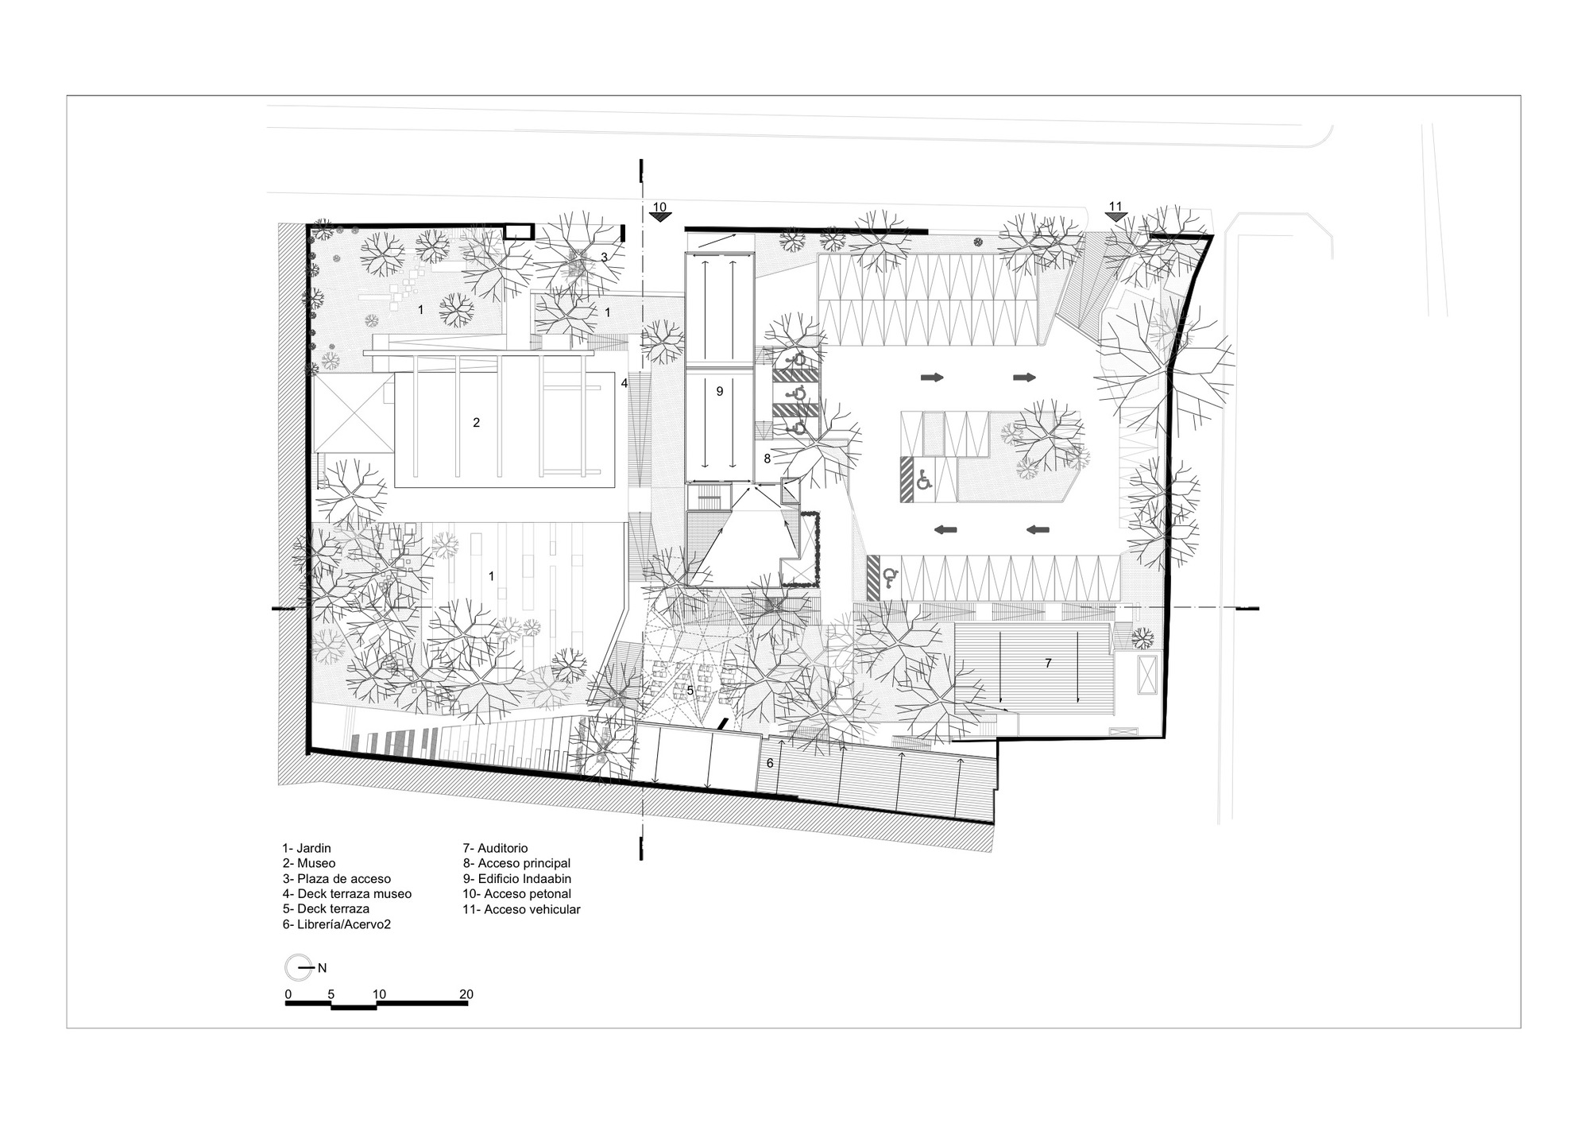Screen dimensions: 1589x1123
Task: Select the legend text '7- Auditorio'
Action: pos(495,848)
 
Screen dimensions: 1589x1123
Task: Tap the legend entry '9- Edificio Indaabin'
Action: pos(517,878)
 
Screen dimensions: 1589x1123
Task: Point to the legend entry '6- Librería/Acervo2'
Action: pos(337,924)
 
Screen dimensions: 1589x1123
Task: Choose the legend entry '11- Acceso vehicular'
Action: pos(522,908)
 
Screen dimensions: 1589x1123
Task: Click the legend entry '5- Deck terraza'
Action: pos(326,908)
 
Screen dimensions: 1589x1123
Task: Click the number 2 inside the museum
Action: pos(477,423)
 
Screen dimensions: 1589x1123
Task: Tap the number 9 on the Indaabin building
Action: pos(720,391)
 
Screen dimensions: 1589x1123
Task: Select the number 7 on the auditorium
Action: pos(1048,662)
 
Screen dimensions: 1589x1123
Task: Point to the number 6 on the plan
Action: pos(769,763)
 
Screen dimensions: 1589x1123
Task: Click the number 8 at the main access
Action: pos(767,459)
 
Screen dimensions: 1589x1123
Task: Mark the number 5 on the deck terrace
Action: pos(690,691)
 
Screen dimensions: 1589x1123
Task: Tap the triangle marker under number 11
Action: pos(1115,217)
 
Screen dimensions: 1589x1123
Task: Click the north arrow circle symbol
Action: pos(296,967)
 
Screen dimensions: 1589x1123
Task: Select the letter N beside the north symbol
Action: pos(323,968)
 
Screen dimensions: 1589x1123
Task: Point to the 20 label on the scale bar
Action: pos(466,994)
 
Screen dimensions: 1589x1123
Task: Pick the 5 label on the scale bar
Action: pos(331,994)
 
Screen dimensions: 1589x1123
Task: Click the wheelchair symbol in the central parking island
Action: pos(925,480)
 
